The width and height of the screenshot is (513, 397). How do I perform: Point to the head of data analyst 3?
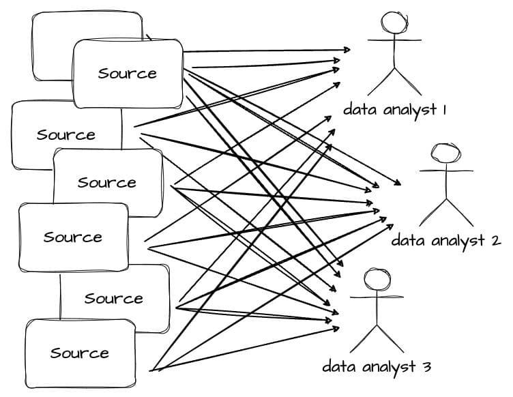377,280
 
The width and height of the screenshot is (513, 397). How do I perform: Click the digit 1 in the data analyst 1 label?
443,109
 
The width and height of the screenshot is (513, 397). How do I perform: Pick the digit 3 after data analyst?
426,366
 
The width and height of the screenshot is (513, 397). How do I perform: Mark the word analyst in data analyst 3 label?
390,367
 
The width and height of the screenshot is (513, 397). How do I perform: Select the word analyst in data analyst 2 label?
456,241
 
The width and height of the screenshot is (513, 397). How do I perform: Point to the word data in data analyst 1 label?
357,109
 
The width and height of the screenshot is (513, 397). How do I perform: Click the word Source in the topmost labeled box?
127,73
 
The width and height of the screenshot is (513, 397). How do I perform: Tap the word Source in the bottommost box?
79,353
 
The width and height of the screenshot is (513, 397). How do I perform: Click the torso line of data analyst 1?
394,55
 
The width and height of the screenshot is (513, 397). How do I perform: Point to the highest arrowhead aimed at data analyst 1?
347,50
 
